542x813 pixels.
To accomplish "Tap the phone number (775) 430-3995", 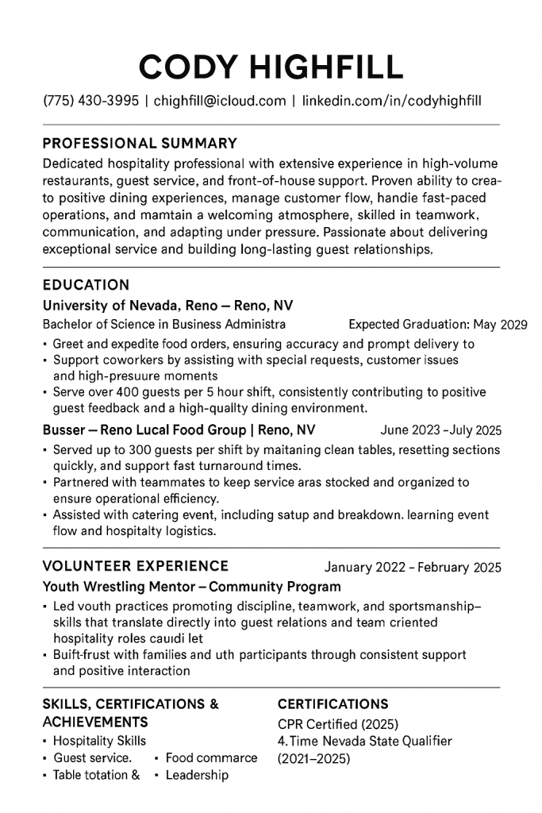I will click(90, 101).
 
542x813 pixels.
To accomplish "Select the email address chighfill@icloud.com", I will click(220, 101).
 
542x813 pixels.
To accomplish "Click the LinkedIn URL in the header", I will click(391, 101).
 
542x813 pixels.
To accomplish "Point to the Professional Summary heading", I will click(140, 144).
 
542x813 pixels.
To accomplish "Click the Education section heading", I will click(86, 284).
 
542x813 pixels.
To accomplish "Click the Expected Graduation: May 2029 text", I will click(437, 325).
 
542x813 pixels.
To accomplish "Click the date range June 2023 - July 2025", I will click(440, 431).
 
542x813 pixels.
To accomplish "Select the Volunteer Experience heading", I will click(135, 566).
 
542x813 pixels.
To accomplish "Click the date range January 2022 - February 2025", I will click(413, 568).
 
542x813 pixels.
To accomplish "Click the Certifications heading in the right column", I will click(333, 704).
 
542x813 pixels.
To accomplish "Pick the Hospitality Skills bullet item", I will click(99, 741).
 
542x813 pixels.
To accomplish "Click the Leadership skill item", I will click(197, 775).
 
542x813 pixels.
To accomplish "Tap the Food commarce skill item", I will click(211, 757).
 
